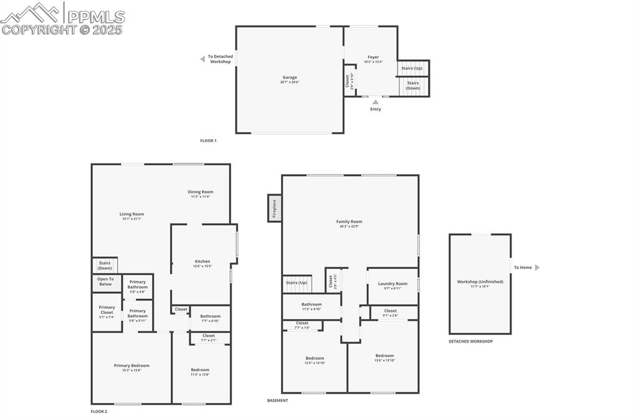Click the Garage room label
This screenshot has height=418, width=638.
pos(290,78)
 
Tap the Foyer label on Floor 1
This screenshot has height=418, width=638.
pos(373,57)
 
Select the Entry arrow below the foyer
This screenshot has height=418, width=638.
pos(375,101)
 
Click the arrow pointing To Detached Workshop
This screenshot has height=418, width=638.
pos(202,59)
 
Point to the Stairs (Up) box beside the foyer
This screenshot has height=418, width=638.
pos(412,68)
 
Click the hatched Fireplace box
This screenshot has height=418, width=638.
pos(274,208)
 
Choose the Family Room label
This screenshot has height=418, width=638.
pos(349,222)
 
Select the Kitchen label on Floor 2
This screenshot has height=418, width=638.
pos(202,262)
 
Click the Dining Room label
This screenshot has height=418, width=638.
pos(201,192)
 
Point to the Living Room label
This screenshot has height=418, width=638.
pos(131,215)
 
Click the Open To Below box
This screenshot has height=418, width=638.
pos(106,282)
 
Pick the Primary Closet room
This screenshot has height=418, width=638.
pos(107,310)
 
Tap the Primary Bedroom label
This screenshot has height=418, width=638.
pos(131,366)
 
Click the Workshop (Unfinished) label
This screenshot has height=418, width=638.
pos(480,282)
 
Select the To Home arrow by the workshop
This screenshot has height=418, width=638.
pos(537,268)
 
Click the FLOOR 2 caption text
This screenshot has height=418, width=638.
pos(99,412)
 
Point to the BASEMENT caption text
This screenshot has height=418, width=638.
pos(278,401)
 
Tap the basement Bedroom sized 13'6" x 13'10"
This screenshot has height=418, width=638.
pos(384,356)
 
